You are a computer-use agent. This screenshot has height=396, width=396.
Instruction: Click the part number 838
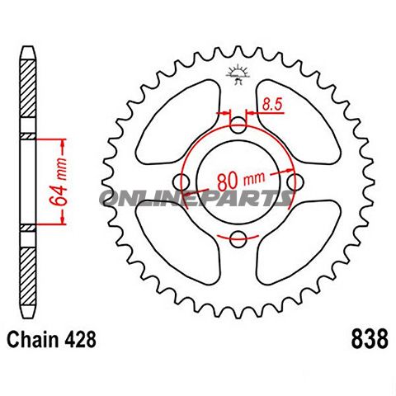click(364, 339)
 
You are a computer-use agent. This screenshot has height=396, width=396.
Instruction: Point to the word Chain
click(32, 339)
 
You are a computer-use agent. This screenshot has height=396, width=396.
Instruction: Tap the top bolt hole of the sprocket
click(238, 125)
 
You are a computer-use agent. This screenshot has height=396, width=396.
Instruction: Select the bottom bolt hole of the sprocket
click(238, 240)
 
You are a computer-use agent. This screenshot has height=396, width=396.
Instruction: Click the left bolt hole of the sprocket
click(181, 182)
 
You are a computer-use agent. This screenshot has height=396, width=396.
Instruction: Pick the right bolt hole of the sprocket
click(296, 182)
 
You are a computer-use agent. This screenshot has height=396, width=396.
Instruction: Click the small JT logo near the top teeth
click(238, 74)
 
